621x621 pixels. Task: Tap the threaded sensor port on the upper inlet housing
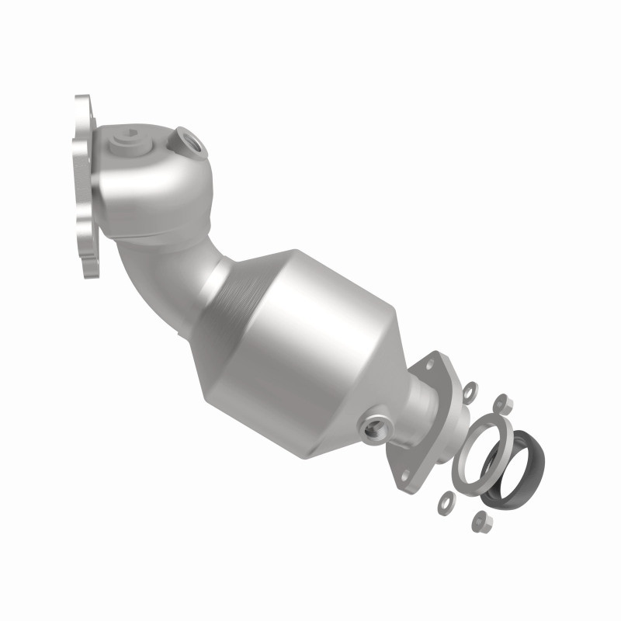[x=189, y=141]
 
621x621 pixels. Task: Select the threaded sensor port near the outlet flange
[x=373, y=424]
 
